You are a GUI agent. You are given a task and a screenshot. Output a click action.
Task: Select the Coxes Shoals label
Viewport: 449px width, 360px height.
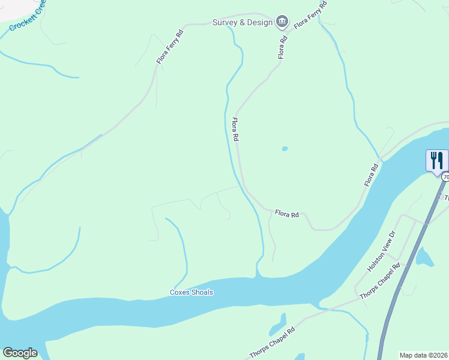coord(191,293)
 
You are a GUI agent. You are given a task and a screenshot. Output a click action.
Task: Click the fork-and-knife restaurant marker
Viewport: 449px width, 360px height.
coord(437,161)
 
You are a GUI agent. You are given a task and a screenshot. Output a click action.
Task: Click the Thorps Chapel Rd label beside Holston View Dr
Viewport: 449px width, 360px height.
coord(379,281)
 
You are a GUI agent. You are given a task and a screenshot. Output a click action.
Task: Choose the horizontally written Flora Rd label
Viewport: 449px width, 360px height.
coord(287,213)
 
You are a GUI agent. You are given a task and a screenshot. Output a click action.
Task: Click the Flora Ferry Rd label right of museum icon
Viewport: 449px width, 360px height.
coord(310,16)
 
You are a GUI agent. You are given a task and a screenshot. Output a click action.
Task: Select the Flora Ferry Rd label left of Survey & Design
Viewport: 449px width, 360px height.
coord(170,47)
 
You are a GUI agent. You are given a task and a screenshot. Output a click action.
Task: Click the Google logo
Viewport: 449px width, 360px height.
coord(20,353)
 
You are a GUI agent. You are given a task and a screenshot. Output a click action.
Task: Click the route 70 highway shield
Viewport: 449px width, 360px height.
coord(445,178)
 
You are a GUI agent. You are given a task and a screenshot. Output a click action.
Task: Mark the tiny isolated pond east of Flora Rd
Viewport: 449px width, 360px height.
coord(284,149)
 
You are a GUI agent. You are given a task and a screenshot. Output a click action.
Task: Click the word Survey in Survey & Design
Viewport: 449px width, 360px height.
coord(224,23)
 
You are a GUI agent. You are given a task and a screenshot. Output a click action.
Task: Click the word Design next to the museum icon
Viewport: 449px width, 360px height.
coord(260,23)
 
